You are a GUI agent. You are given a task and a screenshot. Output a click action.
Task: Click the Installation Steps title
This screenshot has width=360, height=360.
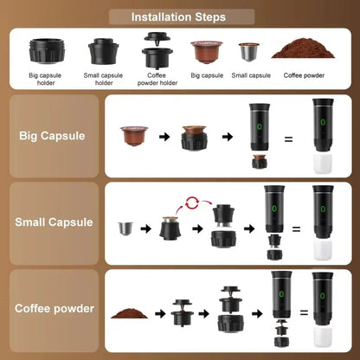[179, 16]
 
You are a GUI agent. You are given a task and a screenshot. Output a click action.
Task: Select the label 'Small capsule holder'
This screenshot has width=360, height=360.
[104, 79]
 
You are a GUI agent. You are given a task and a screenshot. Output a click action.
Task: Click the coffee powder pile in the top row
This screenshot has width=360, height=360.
[302, 48]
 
